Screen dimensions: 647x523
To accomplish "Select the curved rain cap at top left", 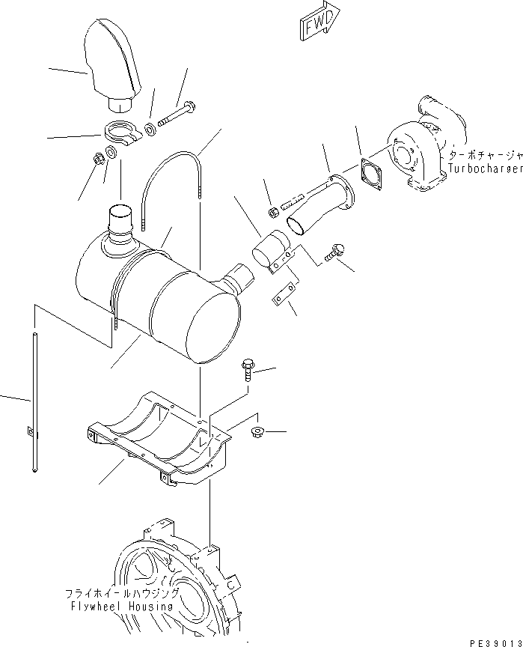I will click(112, 60).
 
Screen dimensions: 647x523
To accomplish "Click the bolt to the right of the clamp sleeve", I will click(333, 255).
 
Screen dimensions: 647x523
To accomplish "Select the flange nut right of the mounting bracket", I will click(257, 431).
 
